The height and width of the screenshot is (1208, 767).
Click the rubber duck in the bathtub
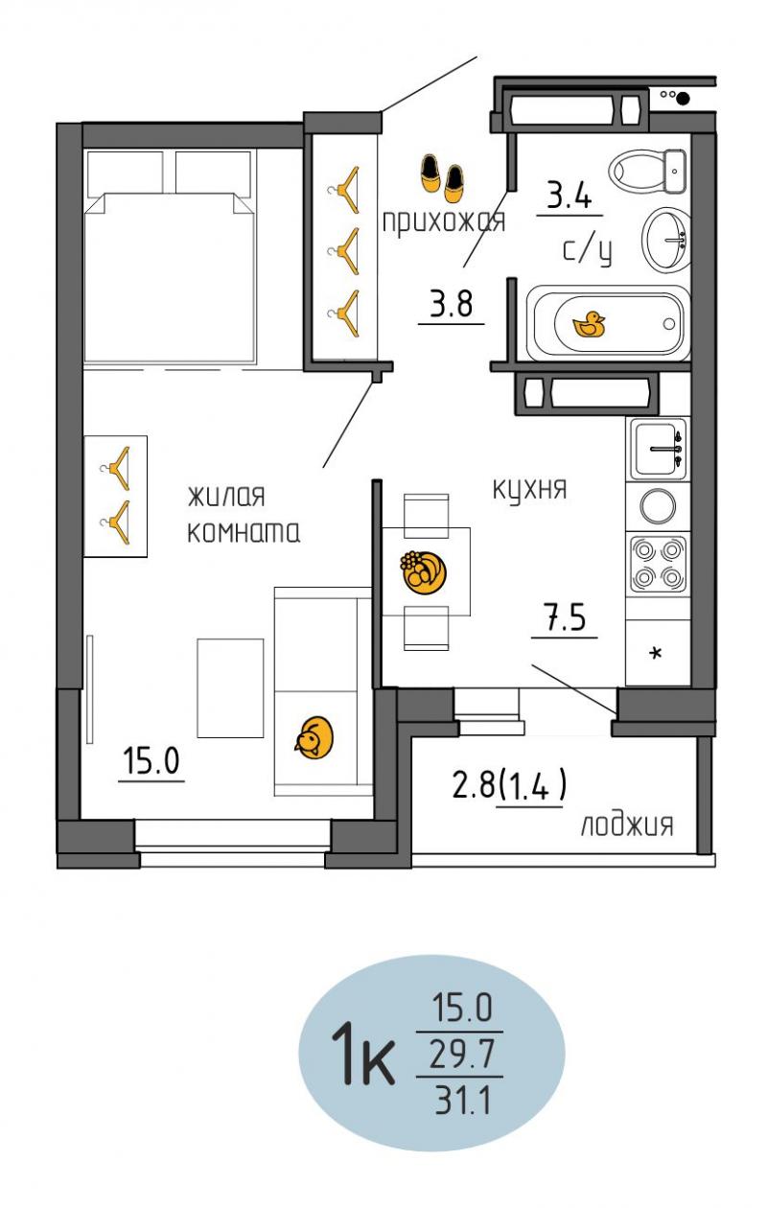(589, 325)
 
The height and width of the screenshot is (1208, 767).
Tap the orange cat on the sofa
(314, 737)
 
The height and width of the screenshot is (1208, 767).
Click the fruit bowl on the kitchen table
(424, 572)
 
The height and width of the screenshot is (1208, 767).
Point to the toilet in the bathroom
(647, 171)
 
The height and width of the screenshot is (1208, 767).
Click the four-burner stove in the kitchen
(658, 564)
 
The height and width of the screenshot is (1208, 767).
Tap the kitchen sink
(659, 449)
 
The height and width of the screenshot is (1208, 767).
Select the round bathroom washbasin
(666, 240)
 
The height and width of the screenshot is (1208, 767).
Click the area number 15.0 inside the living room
(151, 761)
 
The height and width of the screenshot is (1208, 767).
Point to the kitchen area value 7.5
(565, 617)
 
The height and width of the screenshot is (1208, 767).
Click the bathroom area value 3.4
(569, 195)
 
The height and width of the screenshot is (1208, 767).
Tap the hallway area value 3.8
(451, 303)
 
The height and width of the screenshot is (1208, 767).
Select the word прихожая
(444, 221)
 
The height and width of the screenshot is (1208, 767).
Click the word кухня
(529, 491)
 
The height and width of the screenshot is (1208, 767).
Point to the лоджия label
(627, 825)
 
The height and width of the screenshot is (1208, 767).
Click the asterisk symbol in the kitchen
(656, 654)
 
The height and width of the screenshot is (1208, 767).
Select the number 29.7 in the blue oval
(462, 1055)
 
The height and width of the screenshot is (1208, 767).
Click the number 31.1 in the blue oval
(463, 1101)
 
